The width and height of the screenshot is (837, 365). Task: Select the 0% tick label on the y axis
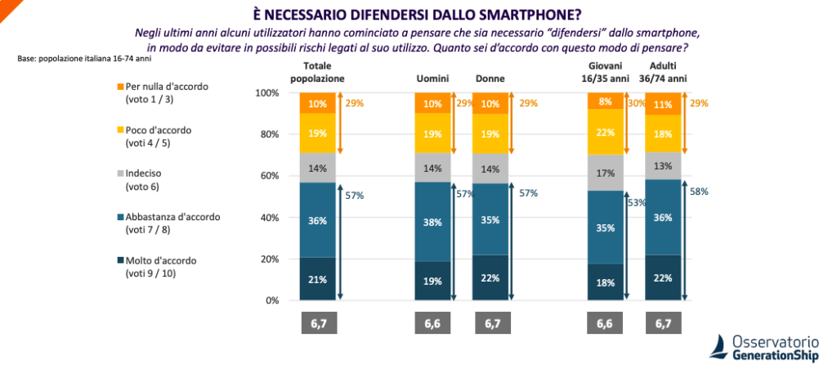click(x=271, y=300)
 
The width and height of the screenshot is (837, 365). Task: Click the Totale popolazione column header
click(x=317, y=72)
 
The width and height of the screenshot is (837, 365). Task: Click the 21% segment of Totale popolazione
click(x=317, y=279)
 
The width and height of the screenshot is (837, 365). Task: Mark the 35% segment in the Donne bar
click(x=492, y=219)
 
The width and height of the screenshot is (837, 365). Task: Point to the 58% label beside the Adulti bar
click(x=698, y=192)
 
